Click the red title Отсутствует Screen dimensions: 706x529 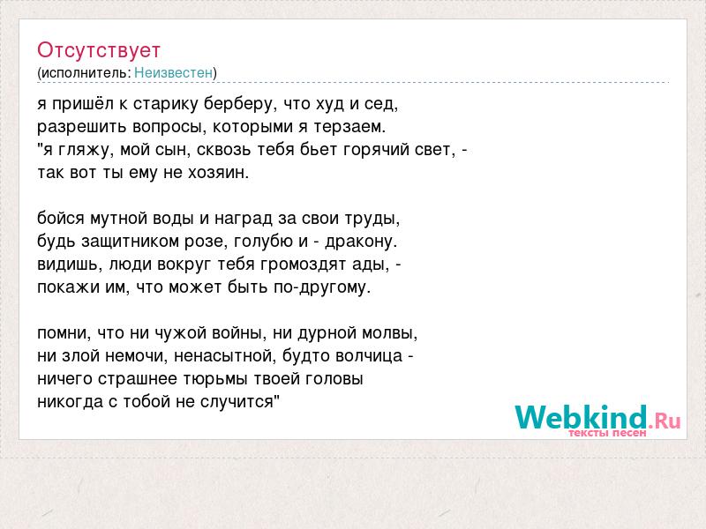coord(99,50)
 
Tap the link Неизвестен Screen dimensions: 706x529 coord(173,72)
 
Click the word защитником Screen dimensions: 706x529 coord(130,242)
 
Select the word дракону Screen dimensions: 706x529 coord(361,242)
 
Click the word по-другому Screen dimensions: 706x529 coord(322,287)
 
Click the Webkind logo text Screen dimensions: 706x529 coord(582,417)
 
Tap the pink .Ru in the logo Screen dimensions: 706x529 coord(665,421)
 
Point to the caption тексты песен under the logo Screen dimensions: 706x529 coord(607,433)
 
